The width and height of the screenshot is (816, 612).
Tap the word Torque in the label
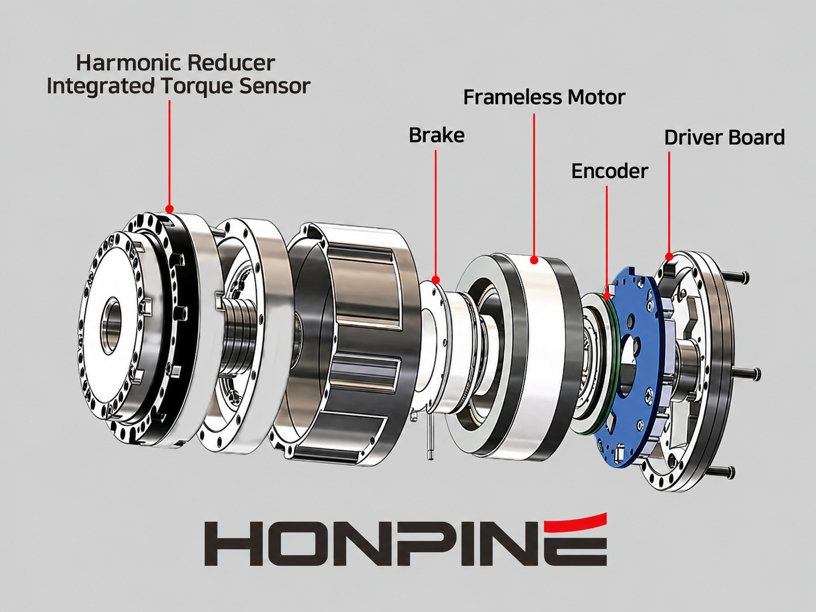(197, 86)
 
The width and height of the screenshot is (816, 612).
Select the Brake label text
(437, 135)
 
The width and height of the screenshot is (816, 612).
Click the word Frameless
(512, 97)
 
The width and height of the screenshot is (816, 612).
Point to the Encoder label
(610, 171)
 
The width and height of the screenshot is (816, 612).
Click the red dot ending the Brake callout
(436, 280)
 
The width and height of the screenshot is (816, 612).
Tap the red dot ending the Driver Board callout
(669, 256)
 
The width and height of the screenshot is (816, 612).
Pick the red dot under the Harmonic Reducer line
(170, 209)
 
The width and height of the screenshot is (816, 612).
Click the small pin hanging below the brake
(430, 437)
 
